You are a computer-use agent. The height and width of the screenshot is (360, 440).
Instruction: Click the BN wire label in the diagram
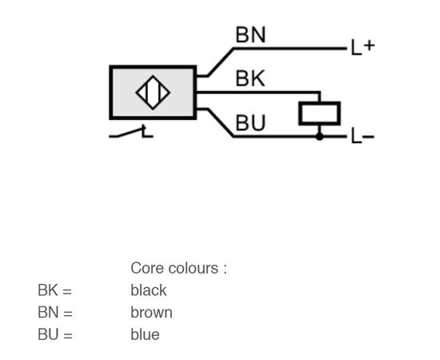pos(250,34)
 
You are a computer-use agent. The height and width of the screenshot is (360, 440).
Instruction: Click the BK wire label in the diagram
pos(250,78)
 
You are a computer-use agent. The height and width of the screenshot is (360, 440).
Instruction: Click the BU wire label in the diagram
pos(250,122)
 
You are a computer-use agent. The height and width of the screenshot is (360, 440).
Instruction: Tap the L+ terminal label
pos(363,48)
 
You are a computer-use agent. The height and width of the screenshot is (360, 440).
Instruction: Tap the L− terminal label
pos(363,137)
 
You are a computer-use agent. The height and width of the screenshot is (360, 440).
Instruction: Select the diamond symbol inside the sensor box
pos(153,92)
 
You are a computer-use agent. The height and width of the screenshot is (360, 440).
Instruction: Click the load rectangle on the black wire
pos(320,114)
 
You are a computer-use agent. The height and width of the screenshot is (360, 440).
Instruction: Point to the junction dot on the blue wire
pos(320,137)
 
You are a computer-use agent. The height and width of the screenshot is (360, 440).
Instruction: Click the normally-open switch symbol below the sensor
pos(131,132)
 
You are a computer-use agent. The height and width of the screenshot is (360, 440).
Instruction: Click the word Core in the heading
pos(146,268)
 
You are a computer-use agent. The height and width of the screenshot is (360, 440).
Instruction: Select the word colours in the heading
pos(194,268)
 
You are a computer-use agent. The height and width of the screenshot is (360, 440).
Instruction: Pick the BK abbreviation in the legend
pos(48,290)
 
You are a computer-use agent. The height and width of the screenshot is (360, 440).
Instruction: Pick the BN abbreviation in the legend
pos(48,312)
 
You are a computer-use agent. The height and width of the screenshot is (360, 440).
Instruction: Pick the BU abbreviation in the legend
pos(48,334)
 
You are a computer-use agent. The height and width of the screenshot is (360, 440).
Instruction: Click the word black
pos(149,290)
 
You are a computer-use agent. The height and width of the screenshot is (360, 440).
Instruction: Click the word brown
pos(151,312)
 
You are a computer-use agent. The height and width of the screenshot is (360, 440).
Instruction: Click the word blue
pos(145,334)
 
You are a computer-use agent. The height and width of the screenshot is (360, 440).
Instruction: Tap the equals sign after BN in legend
pos(68,314)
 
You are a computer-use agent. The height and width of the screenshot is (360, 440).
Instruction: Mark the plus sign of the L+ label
pos(369,45)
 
